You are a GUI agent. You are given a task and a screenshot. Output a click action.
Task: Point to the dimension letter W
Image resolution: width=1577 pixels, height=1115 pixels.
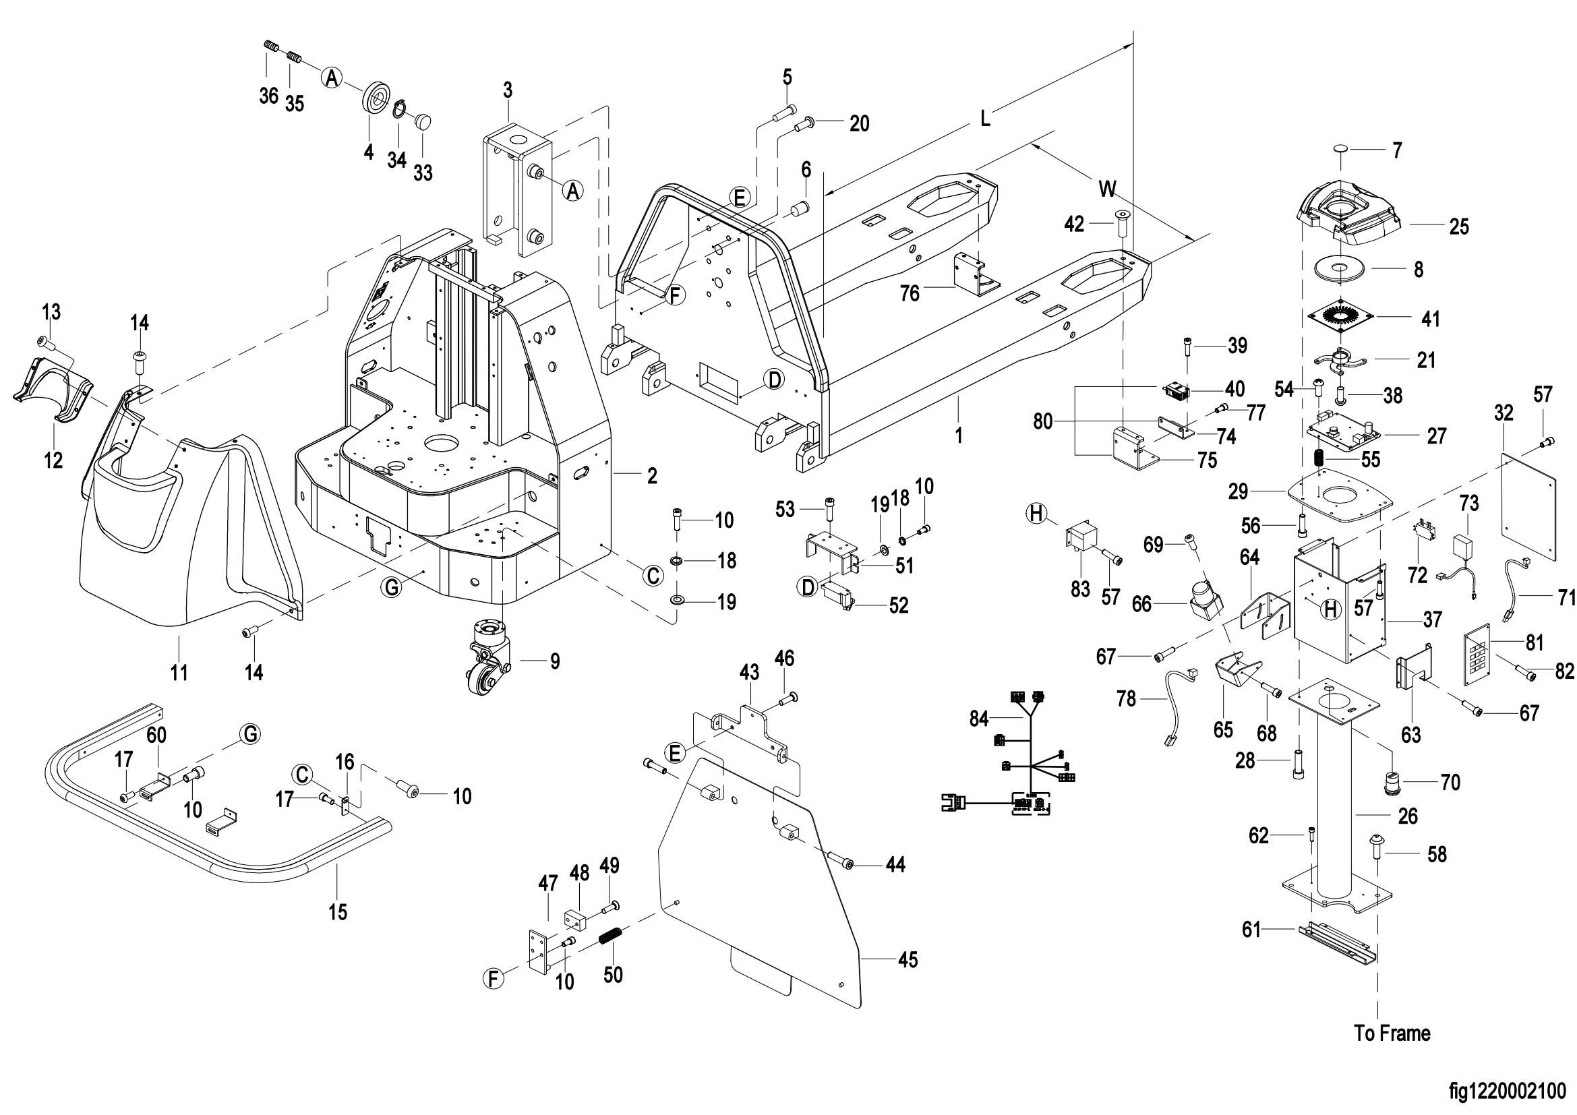tap(1107, 189)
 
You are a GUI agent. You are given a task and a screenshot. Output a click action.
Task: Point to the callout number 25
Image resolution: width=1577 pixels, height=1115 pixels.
tap(1459, 227)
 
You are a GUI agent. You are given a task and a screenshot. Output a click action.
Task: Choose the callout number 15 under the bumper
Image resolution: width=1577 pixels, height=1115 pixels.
tap(338, 912)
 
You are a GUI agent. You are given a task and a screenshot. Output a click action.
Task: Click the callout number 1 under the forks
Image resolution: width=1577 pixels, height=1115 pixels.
tap(959, 435)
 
